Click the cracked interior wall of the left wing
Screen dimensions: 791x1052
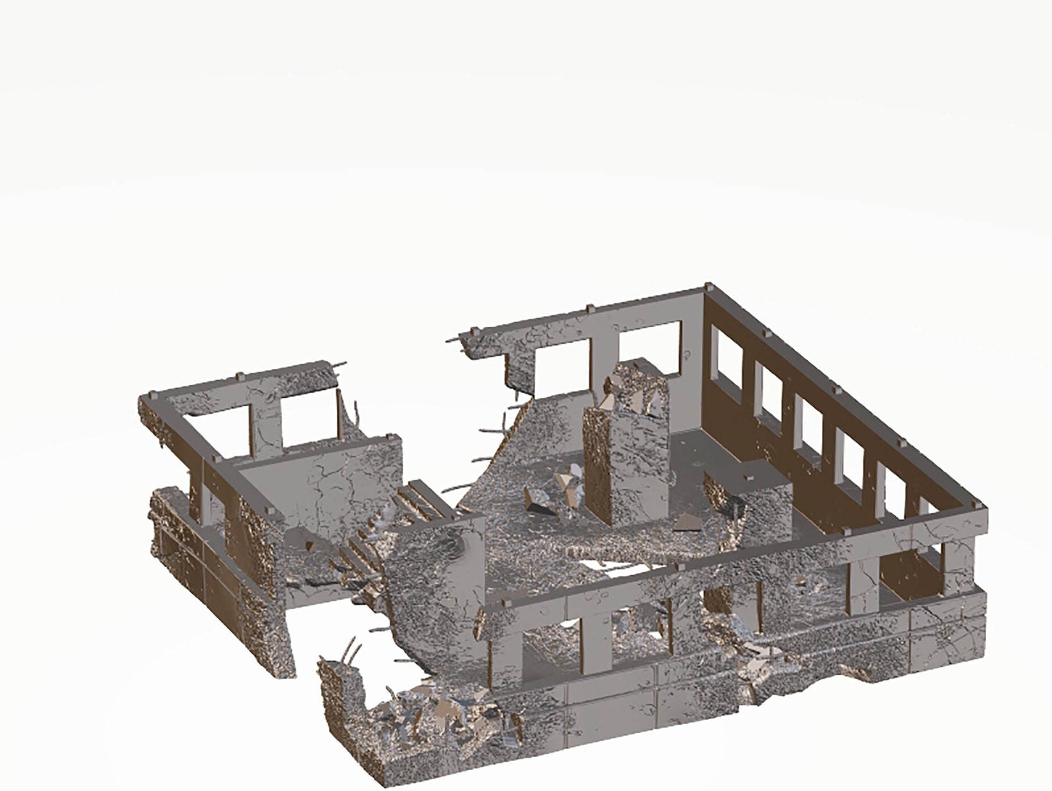tap(323, 482)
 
